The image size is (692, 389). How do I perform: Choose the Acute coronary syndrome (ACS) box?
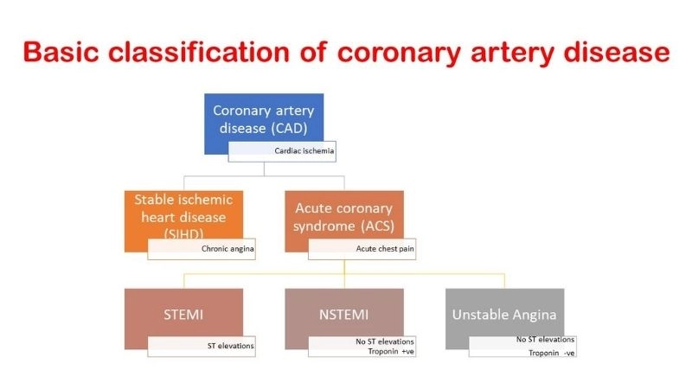343,216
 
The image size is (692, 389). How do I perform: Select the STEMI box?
183,315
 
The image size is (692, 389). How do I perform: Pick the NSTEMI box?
343,315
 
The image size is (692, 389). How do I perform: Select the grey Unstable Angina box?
504,315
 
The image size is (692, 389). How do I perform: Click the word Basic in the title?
60,52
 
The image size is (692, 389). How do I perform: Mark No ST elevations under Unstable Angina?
545,340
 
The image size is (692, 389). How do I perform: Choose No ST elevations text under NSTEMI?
385,341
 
